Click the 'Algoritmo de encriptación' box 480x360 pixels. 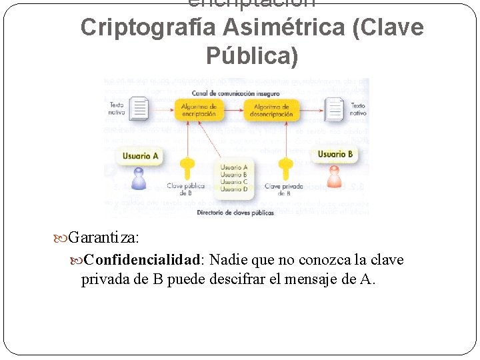click(x=198, y=110)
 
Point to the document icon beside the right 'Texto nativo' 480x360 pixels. click(x=334, y=109)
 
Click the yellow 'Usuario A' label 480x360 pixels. click(x=140, y=157)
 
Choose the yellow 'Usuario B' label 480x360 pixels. click(x=335, y=155)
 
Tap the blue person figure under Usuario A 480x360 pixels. click(x=139, y=179)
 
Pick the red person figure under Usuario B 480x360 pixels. click(x=334, y=177)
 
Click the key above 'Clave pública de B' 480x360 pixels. click(x=188, y=168)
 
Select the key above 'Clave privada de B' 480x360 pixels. click(x=286, y=168)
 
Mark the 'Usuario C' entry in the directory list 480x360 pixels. click(x=234, y=182)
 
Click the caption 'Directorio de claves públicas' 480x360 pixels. click(x=235, y=213)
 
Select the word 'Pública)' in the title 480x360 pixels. click(x=252, y=56)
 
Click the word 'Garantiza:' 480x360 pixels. click(x=103, y=237)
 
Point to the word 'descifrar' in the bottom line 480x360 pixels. click(x=227, y=279)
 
